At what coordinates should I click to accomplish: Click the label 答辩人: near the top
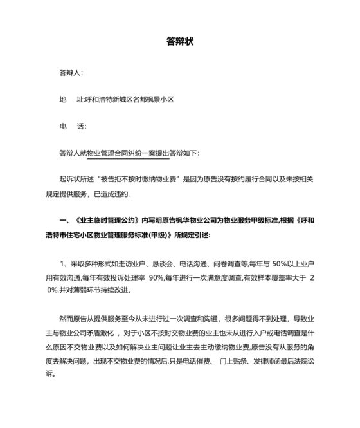click(71, 73)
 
